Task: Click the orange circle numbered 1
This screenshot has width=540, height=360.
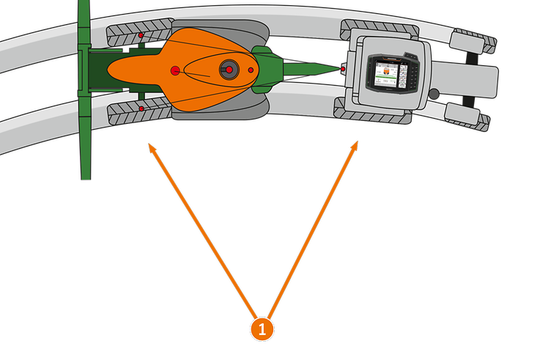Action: tap(262, 328)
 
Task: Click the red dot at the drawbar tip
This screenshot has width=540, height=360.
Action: tap(343, 69)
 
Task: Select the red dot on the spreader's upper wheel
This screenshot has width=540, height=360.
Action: tap(141, 35)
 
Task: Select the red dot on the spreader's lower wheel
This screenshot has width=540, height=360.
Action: tap(141, 109)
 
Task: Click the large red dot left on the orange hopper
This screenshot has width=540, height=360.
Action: tap(175, 70)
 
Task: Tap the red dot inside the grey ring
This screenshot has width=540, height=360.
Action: tap(229, 69)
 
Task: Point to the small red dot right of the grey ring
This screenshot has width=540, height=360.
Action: tap(251, 70)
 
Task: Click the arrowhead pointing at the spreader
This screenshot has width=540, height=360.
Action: tap(151, 146)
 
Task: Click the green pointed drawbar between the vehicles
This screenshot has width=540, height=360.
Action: tap(311, 70)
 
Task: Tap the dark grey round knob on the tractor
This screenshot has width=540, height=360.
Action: tap(434, 93)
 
